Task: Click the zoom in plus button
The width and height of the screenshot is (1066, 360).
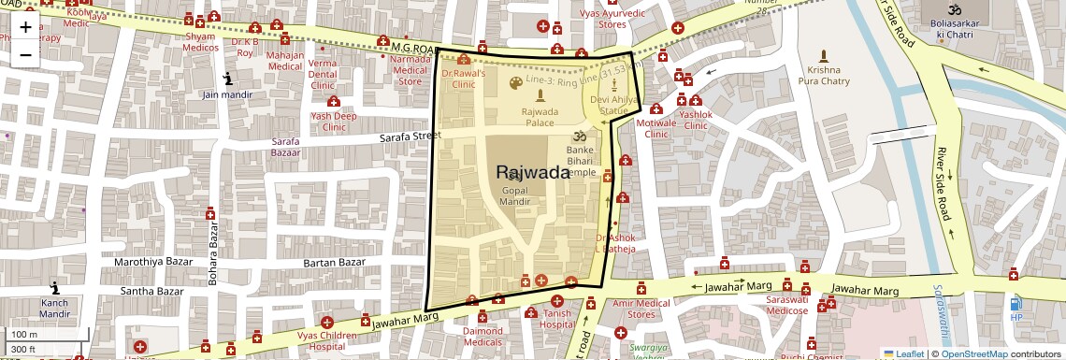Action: coord(25,27)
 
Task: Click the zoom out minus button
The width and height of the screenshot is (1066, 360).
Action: coord(25,54)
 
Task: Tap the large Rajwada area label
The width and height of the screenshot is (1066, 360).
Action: coord(533,172)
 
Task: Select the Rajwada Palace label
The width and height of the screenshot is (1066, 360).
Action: coord(540,117)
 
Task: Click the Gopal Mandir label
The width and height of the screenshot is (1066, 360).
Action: coord(515,195)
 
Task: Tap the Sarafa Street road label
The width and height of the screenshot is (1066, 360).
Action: coord(410,137)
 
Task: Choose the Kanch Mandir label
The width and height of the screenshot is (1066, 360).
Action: coord(54,309)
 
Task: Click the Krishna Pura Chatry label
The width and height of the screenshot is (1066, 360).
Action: coord(824,76)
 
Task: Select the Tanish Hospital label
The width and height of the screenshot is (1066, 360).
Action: coord(557,319)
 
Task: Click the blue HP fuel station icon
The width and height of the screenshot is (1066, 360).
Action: coord(1016,303)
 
